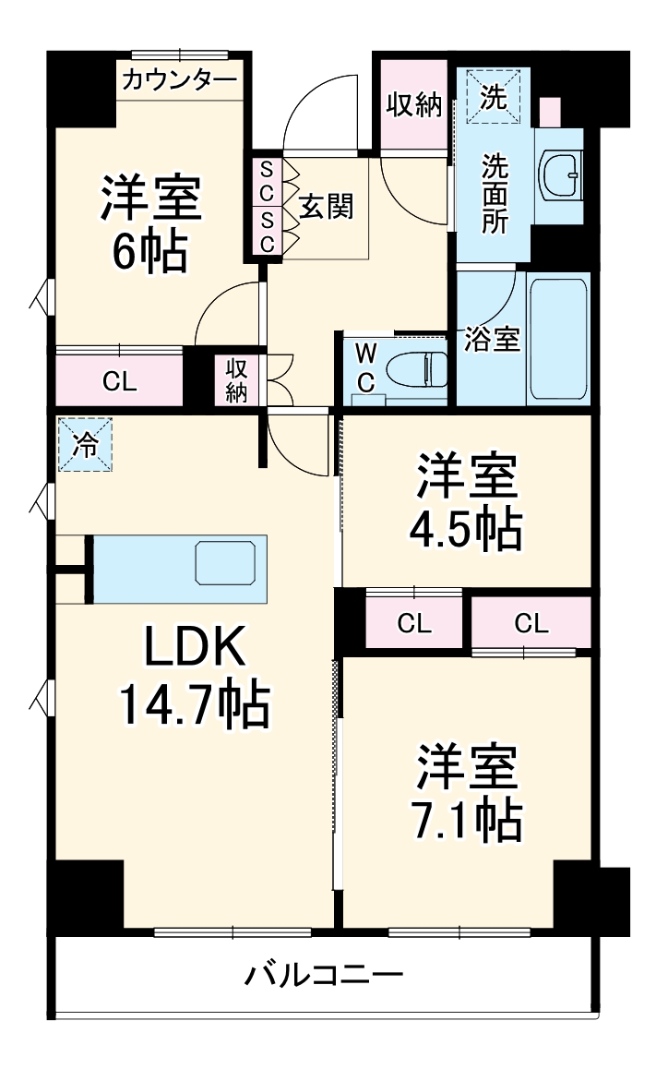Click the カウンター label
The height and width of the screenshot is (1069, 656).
coord(178,80)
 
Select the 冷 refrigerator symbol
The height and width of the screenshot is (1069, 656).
coord(85,445)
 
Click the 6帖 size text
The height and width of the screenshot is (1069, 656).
coord(151,250)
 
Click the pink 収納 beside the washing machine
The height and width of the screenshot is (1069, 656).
coord(413,104)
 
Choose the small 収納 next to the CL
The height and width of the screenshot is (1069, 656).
coord(237,380)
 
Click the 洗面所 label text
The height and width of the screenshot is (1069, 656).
coord(495,195)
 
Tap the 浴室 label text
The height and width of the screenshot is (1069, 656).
coord(492,339)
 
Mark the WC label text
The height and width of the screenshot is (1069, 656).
coord(366,368)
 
